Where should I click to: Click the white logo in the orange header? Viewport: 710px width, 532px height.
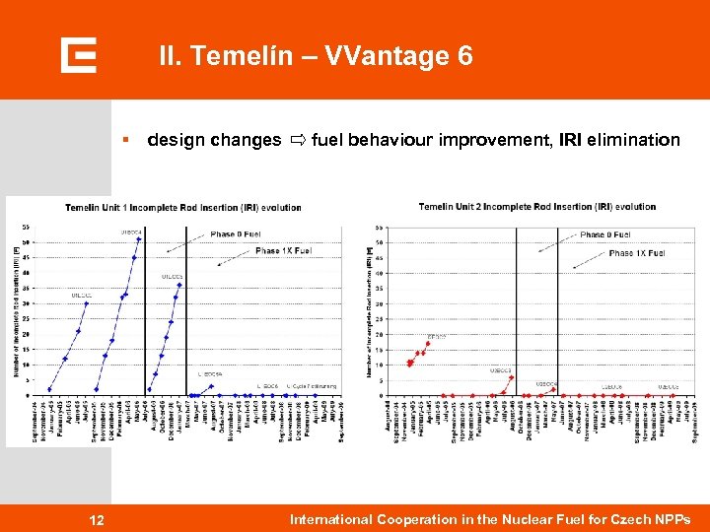[x=78, y=55]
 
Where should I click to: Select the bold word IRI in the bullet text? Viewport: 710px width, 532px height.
[x=569, y=140]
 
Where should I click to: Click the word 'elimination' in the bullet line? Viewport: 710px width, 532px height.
[x=633, y=140]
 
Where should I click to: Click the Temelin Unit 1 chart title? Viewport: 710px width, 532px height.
[x=183, y=208]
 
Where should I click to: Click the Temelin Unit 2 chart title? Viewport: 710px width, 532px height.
[x=536, y=207]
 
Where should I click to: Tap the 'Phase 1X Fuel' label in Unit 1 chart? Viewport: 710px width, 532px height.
[x=282, y=250]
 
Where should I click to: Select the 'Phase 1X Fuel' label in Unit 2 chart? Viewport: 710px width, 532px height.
[x=636, y=253]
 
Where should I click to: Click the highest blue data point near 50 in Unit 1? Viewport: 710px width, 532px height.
[x=139, y=239]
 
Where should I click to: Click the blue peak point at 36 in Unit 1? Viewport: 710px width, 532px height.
[x=179, y=285]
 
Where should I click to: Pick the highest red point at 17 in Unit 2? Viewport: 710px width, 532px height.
[x=428, y=344]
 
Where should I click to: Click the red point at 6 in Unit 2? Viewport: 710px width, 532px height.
[x=511, y=376]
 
